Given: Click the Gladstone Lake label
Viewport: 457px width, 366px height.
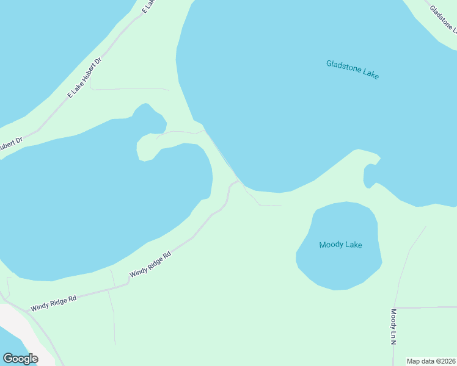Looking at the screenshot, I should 353,70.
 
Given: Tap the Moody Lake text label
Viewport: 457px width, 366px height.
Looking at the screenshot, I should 340,245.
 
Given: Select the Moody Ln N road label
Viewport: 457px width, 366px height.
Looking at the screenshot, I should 393,327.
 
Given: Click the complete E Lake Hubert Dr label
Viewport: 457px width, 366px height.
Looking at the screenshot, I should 84,77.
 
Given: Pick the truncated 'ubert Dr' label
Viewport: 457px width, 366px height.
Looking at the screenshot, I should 10,143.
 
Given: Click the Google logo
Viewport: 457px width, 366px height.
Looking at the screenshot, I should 20,358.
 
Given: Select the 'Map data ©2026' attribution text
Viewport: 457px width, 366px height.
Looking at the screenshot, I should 431,361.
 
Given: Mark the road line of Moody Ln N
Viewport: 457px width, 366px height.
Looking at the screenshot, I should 403,268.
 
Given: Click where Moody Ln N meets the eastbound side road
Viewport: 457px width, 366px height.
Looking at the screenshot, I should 395,307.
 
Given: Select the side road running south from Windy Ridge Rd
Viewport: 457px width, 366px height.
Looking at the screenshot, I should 112,317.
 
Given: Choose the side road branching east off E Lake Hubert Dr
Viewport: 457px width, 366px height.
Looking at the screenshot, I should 128,89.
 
